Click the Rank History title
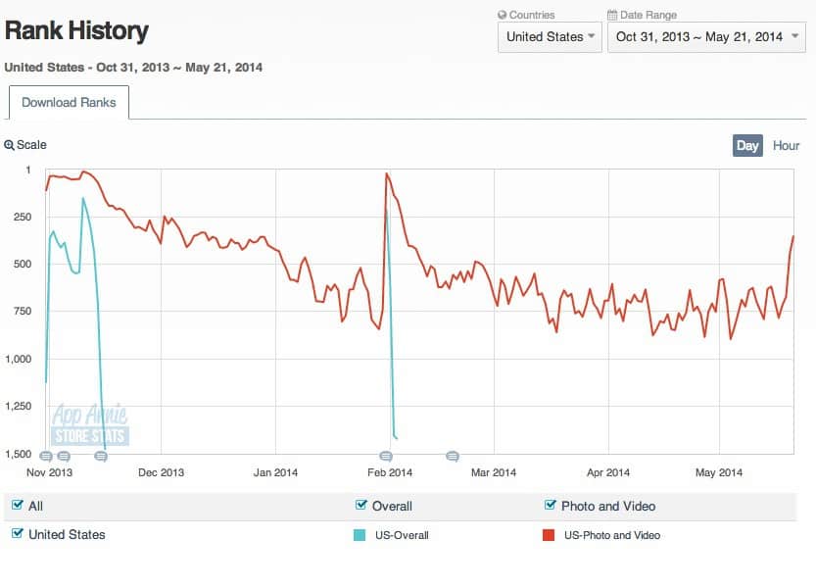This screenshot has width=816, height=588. pyautogui.click(x=76, y=31)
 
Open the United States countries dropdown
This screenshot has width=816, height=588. pyautogui.click(x=549, y=37)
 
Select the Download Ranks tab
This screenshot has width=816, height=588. pyautogui.click(x=69, y=103)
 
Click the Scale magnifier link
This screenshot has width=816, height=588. pyautogui.click(x=25, y=145)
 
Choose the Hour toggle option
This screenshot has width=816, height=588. pyautogui.click(x=786, y=146)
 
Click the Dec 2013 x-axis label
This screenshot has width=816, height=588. pyautogui.click(x=160, y=473)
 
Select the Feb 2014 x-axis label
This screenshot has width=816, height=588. pyautogui.click(x=389, y=473)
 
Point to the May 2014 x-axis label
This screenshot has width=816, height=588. pyautogui.click(x=718, y=473)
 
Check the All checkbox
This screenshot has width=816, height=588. pyautogui.click(x=18, y=506)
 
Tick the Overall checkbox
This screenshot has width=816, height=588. pyautogui.click(x=361, y=506)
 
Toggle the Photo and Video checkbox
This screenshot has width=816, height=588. pyautogui.click(x=551, y=506)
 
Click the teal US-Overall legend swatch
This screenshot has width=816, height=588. pyautogui.click(x=360, y=535)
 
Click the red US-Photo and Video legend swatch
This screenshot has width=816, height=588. pyautogui.click(x=549, y=535)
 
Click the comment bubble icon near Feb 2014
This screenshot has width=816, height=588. pyautogui.click(x=386, y=457)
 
